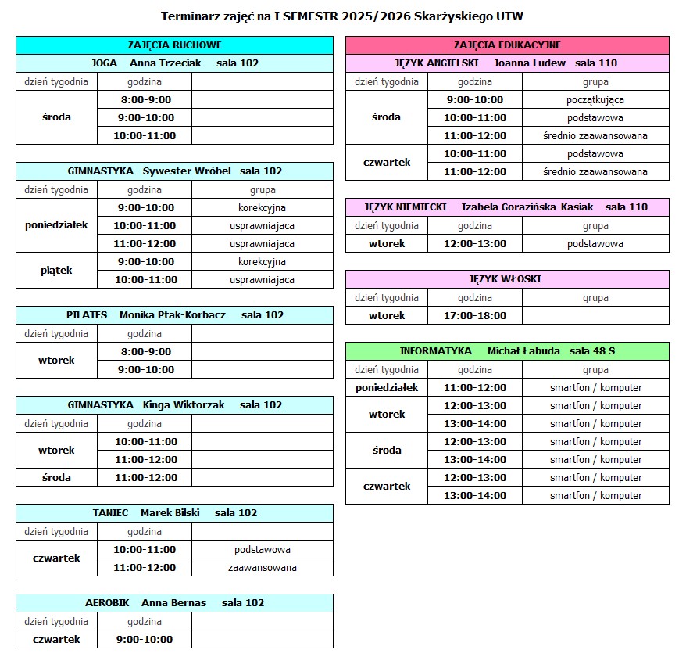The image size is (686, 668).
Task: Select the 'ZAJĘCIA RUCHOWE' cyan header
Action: tap(174, 45)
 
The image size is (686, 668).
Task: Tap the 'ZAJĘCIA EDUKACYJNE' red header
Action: tap(507, 45)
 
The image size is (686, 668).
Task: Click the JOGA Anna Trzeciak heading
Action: tap(174, 63)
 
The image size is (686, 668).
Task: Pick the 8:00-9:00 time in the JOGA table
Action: tap(145, 99)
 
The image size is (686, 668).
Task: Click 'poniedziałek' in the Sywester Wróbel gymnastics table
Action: tap(56, 225)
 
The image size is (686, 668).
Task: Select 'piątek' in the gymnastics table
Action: tap(56, 271)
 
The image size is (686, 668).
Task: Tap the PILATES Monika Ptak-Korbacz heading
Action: tap(174, 314)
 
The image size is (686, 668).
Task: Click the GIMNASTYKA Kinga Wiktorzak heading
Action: tap(174, 404)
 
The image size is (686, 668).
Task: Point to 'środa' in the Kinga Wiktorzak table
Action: tap(56, 477)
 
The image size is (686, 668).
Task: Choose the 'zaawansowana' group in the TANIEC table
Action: tap(262, 567)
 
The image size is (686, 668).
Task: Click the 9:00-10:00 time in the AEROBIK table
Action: tap(145, 639)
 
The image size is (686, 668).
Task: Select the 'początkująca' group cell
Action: tap(595, 99)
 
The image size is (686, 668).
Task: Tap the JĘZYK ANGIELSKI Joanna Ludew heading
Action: tap(507, 63)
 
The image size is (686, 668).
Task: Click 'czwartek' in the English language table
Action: tap(387, 163)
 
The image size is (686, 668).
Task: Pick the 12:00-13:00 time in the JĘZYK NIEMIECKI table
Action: tap(474, 243)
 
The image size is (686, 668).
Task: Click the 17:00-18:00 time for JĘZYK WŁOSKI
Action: tap(474, 315)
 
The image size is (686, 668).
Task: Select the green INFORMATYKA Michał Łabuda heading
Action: tap(507, 350)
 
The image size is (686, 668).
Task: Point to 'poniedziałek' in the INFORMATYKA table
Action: tap(387, 387)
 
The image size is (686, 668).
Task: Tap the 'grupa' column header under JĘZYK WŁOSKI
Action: tap(595, 297)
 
